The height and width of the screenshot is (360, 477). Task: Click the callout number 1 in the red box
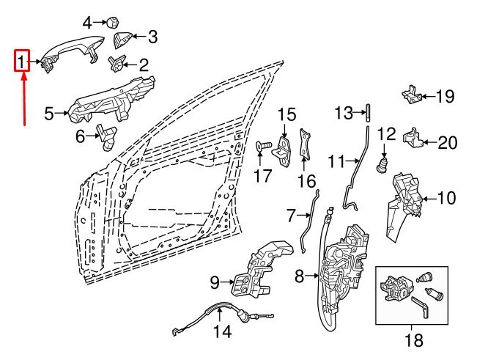click(23, 61)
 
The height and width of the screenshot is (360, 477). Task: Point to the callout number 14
click(221, 332)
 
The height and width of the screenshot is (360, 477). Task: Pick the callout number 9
click(215, 282)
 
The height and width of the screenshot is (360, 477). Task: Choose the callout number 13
click(344, 113)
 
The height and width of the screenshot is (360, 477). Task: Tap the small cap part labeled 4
click(114, 21)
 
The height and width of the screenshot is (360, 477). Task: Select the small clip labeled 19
click(413, 95)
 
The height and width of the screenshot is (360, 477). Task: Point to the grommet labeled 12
click(382, 163)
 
